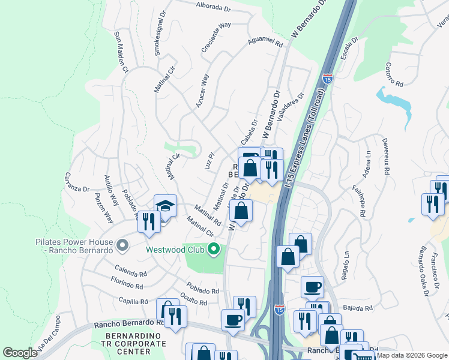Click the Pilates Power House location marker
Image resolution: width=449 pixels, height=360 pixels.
coord(122,245)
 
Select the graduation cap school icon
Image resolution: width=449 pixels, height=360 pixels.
coord(165,206)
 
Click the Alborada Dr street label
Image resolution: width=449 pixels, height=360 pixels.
coord(214,7)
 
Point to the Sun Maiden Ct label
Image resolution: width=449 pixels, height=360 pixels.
coord(121,52)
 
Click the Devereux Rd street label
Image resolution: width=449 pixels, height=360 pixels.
coord(385,158)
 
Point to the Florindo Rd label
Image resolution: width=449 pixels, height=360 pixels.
coord(126,280)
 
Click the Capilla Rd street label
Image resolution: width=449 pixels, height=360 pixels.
coord(133,301)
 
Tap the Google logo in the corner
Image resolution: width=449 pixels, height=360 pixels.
coord(20,353)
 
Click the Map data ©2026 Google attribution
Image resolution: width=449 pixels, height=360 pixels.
coord(411,356)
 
